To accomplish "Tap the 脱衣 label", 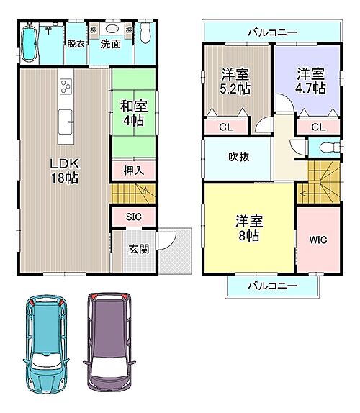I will [76, 44].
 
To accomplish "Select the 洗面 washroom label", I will [110, 44].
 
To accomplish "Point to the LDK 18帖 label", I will [64, 168].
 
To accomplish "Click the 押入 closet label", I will [132, 171].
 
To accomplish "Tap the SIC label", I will [132, 217].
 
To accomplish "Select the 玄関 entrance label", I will [138, 250].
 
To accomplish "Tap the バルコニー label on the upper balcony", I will [271, 32].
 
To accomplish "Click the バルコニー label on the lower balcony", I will [273, 286].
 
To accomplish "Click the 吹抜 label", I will [238, 156].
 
